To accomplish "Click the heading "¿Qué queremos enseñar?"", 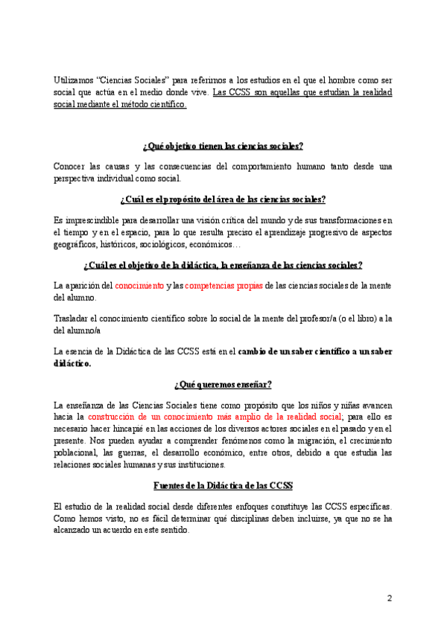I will point(223,385).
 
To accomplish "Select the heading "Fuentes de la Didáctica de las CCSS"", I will point(223,486).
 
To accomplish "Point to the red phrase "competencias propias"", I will point(221,285).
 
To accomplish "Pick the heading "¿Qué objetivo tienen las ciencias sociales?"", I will point(223,146).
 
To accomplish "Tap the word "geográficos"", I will point(75,244).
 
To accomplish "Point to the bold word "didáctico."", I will point(72,363).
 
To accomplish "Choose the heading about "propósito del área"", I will point(223,199).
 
